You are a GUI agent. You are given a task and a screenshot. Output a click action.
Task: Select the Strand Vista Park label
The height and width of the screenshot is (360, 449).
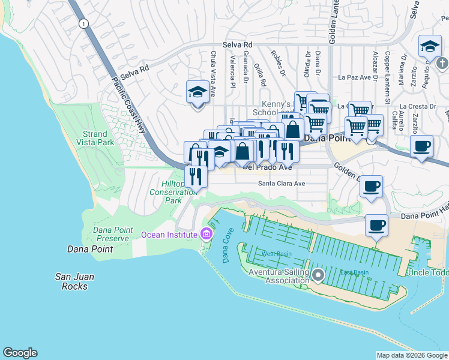[95, 139]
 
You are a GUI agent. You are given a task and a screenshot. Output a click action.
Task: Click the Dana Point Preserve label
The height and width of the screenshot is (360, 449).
[111, 234]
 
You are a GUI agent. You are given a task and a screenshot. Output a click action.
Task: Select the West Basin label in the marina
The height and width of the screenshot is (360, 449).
[276, 254]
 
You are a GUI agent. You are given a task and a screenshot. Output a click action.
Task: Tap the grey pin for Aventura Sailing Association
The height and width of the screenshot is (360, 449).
[318, 275]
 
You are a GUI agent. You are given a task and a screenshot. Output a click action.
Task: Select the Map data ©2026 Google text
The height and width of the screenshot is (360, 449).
[411, 355]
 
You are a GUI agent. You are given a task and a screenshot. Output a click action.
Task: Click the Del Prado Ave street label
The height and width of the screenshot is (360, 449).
[267, 167]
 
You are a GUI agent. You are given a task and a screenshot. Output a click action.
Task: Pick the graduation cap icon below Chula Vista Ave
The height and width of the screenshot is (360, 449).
[197, 92]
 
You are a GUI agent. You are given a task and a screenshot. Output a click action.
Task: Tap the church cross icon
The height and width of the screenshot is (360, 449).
[442, 63]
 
